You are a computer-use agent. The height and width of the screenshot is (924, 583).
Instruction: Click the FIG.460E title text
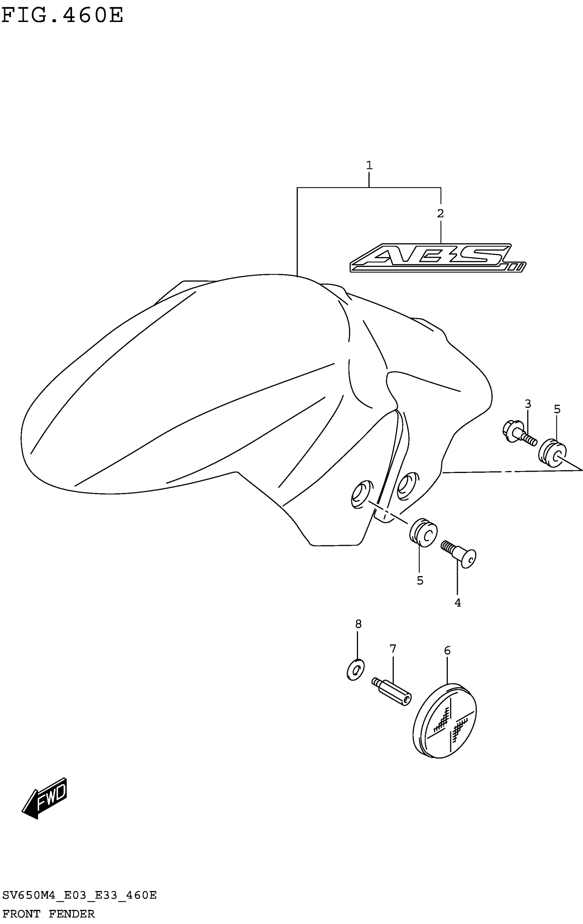pyautogui.click(x=62, y=15)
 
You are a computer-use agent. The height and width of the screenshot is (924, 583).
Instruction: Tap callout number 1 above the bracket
pyautogui.click(x=369, y=165)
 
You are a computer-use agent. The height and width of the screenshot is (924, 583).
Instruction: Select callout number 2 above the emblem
pyautogui.click(x=440, y=213)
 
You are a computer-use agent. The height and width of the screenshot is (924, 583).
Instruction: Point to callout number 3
pyautogui.click(x=528, y=404)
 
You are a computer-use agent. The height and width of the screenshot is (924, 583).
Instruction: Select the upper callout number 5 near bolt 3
pyautogui.click(x=557, y=409)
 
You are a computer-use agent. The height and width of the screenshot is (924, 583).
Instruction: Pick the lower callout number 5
pyautogui.click(x=420, y=580)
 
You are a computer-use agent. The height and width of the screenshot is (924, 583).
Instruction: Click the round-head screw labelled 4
pyautogui.click(x=460, y=553)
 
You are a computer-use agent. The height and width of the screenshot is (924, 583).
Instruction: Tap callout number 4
pyautogui.click(x=457, y=603)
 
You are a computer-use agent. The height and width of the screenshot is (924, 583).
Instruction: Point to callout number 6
pyautogui.click(x=447, y=650)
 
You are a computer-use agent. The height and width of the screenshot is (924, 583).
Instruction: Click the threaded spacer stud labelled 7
pyautogui.click(x=392, y=692)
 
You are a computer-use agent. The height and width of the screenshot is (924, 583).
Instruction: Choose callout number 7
pyautogui.click(x=393, y=649)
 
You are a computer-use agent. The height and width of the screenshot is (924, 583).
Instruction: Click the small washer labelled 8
pyautogui.click(x=355, y=670)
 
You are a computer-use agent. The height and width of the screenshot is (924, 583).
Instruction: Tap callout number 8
pyautogui.click(x=358, y=624)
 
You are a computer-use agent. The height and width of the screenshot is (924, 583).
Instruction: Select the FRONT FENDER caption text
pyautogui.click(x=48, y=914)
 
